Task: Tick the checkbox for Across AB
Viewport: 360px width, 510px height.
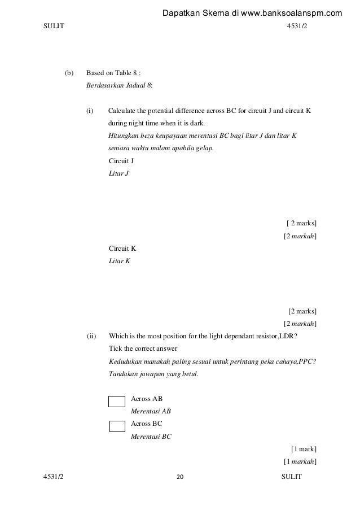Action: pyautogui.click(x=116, y=402)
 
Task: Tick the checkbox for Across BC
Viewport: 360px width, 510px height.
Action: pyautogui.click(x=116, y=426)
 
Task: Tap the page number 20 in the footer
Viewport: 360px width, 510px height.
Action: pyautogui.click(x=181, y=477)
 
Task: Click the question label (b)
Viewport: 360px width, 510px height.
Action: pyautogui.click(x=69, y=73)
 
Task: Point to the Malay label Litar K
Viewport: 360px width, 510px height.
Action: pyautogui.click(x=119, y=260)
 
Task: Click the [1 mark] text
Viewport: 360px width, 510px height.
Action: pyautogui.click(x=303, y=450)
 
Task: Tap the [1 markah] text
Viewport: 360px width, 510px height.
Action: pyautogui.click(x=300, y=463)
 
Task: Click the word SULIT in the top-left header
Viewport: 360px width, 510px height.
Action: pyautogui.click(x=54, y=27)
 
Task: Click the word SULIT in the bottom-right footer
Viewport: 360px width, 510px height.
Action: pyautogui.click(x=291, y=477)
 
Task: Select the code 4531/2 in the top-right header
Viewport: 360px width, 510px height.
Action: pyautogui.click(x=298, y=27)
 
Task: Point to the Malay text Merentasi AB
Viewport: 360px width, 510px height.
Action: pyautogui.click(x=151, y=411)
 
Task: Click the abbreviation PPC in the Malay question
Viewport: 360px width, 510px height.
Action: pyautogui.click(x=306, y=361)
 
